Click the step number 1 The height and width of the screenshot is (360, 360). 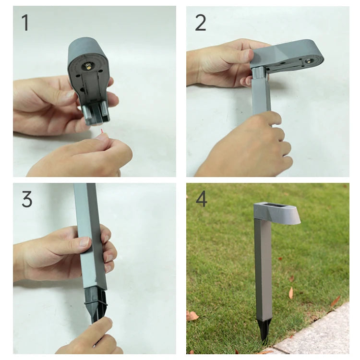tap(25, 23)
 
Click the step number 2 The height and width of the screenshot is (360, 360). tap(201, 23)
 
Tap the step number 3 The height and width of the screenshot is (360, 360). tap(27, 199)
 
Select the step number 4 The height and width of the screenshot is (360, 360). tap(201, 199)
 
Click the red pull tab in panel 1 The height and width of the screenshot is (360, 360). tap(101, 132)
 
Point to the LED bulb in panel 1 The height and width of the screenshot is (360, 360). tap(88, 66)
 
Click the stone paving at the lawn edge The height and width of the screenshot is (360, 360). tap(322, 337)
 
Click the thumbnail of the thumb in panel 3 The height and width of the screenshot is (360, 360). tap(84, 242)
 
